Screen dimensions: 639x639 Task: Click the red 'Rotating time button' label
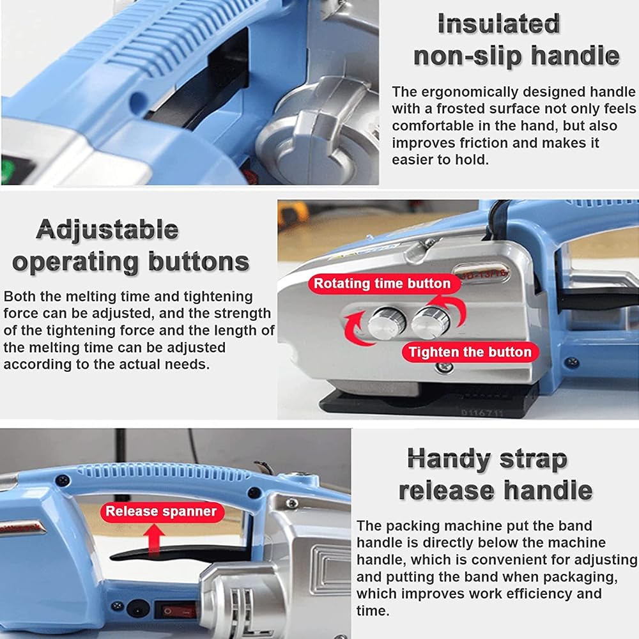(382, 283)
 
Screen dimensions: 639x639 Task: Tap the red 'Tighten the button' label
(470, 351)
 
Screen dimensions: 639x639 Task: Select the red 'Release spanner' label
(162, 511)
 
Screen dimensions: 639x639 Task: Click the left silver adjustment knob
(386, 322)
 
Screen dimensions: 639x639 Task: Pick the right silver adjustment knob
(430, 322)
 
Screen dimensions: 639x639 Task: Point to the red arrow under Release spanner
(154, 539)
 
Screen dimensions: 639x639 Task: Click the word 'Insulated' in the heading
(498, 24)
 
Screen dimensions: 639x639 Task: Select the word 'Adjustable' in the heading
(107, 229)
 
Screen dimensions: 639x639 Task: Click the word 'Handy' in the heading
(449, 459)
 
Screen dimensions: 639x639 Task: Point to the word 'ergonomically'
(465, 92)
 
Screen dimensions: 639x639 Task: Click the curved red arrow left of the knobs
(355, 327)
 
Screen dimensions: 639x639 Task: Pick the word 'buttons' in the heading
(199, 261)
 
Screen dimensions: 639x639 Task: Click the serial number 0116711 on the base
(482, 413)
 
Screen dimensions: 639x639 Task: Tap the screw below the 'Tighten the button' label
(444, 367)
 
